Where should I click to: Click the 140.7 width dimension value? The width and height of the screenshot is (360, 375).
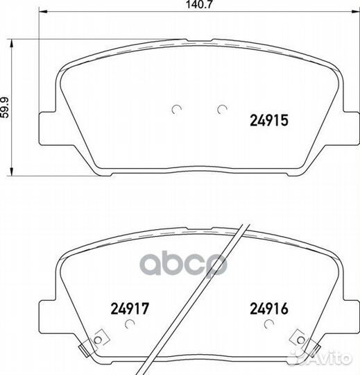click(x=199, y=4)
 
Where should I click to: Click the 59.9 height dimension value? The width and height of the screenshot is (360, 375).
click(x=5, y=107)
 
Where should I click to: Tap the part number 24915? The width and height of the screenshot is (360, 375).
click(x=269, y=120)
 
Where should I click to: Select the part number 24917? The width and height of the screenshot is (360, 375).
click(x=130, y=308)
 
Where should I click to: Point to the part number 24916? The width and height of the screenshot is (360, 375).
click(x=269, y=308)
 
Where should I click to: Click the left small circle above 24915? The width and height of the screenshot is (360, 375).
click(x=177, y=109)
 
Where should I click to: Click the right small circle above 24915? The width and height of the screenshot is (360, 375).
click(x=222, y=109)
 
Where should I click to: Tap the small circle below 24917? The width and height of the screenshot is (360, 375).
click(x=130, y=324)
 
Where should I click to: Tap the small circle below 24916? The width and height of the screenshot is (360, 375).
click(x=269, y=324)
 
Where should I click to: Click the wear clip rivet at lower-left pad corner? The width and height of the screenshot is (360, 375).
click(x=98, y=340)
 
